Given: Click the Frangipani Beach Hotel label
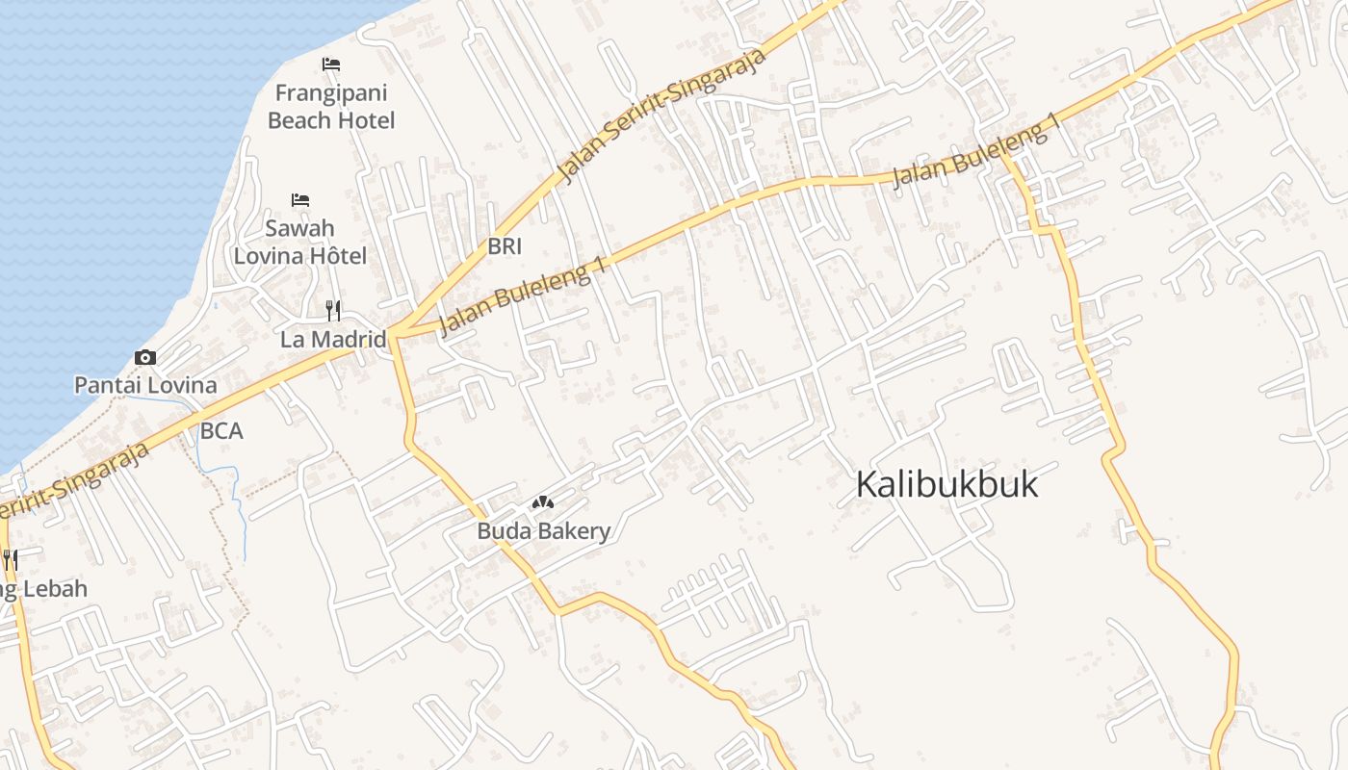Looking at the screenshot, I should pos(331,107).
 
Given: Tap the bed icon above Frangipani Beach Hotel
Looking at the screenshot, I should pos(331,64).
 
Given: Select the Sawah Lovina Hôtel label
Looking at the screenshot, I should pos(300,242).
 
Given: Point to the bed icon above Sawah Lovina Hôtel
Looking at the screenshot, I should pos(300,200).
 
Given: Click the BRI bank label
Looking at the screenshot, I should pos(505,246).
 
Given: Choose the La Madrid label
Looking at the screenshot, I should pos(333,340).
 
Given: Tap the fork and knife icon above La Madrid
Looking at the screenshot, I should pos(333,310).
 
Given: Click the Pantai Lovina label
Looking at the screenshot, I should pos(145,386).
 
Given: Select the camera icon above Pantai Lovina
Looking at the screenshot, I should pos(145,358).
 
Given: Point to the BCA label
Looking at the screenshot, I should pos(221,431).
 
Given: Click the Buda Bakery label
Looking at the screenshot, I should pos(544,531).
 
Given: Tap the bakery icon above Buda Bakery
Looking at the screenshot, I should pos(544,502).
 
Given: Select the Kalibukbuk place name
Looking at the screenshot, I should pos(947,484).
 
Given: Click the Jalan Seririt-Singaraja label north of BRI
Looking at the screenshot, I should pos(663,115).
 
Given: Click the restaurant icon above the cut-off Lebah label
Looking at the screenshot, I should pos(10,559).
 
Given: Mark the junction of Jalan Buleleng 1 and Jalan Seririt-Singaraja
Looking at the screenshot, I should pos(395,335).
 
